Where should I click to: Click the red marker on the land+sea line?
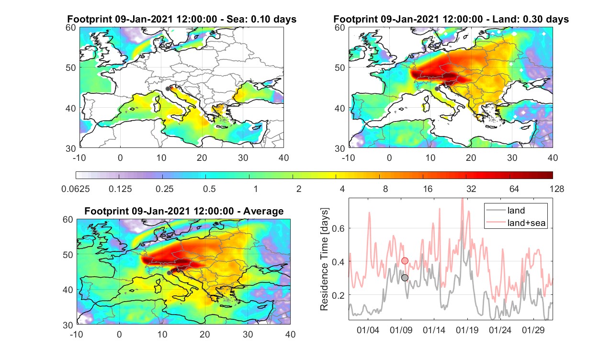tap(405, 261)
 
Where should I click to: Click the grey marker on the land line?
tap(405, 278)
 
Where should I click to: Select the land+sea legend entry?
tap(516, 223)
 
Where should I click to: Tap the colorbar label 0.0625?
tap(76, 189)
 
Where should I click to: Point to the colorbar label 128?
tap(557, 189)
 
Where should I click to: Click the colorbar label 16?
tap(428, 189)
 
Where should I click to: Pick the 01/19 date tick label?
tap(467, 330)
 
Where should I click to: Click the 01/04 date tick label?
tap(368, 330)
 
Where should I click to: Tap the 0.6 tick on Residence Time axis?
tap(339, 228)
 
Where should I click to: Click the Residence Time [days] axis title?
tap(324, 259)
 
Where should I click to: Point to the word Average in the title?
tap(263, 211)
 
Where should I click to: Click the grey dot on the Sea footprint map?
tap(168, 89)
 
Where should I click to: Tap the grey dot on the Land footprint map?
tap(437, 89)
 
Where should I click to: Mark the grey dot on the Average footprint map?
tap(169, 273)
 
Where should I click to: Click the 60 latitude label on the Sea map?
tap(71, 28)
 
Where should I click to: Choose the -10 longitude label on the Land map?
tap(348, 158)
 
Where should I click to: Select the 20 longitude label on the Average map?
tap(204, 334)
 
